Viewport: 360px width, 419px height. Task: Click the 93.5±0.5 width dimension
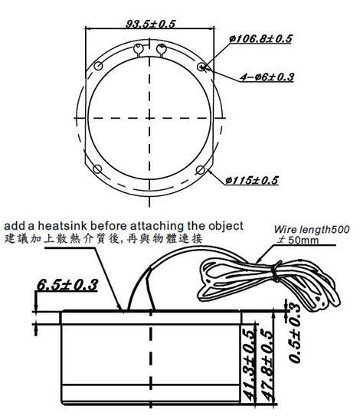tap(150, 24)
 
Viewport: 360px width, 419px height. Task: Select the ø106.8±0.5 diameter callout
tap(260, 39)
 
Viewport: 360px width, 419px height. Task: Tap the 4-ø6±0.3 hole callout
tap(267, 77)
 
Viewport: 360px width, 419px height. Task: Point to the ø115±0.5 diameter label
tap(252, 180)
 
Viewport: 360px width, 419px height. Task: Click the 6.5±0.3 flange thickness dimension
tap(67, 285)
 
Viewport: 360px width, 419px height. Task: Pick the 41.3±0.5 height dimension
tap(247, 365)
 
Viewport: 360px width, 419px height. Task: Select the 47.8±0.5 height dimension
tap(267, 365)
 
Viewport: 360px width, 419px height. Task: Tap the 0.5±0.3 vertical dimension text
tap(295, 333)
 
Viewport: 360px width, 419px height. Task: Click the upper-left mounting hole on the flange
tap(98, 65)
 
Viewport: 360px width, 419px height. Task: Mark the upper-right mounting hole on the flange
tap(201, 67)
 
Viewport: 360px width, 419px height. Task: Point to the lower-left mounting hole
tap(97, 169)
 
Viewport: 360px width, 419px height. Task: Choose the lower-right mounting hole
tap(201, 170)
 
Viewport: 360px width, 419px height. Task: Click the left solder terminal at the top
tap(138, 50)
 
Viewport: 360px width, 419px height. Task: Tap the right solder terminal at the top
tap(161, 50)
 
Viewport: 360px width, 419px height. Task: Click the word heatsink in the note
tap(62, 226)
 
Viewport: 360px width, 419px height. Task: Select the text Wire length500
tap(312, 230)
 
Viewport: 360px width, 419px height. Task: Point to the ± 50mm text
tap(298, 240)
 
